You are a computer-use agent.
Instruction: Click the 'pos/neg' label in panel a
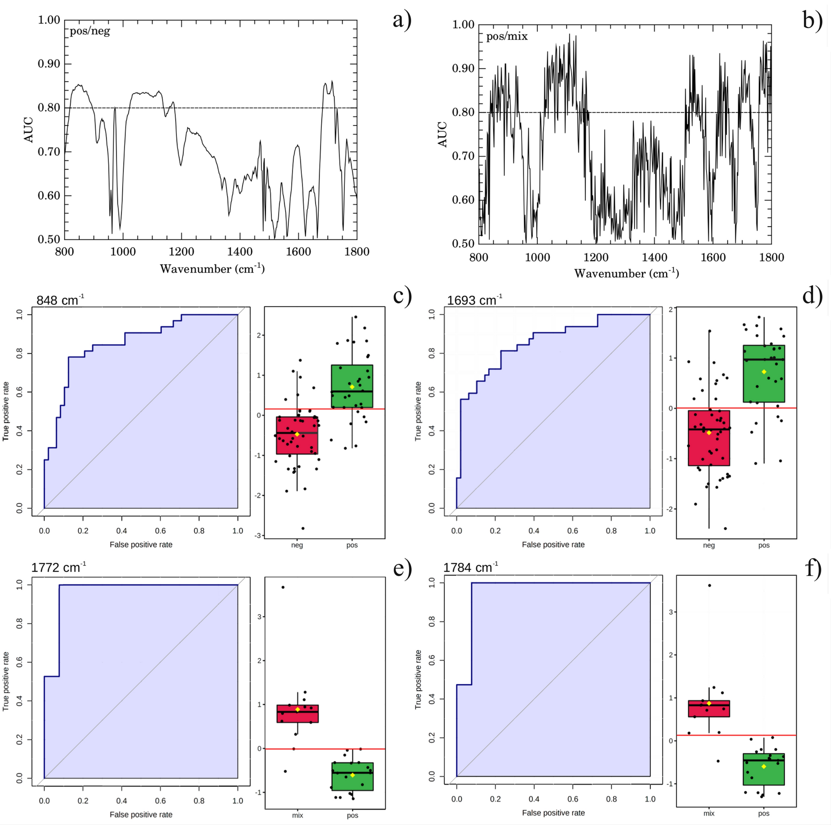pyautogui.click(x=90, y=31)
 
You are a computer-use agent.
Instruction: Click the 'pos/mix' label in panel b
pyautogui.click(x=507, y=36)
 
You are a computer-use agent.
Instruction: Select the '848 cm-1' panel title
pyautogui.click(x=60, y=300)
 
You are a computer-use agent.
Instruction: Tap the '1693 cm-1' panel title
pyautogui.click(x=475, y=300)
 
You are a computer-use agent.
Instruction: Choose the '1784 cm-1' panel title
pyautogui.click(x=470, y=568)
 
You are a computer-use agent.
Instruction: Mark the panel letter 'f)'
pyautogui.click(x=813, y=569)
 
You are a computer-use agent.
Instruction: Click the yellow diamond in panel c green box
pyautogui.click(x=352, y=387)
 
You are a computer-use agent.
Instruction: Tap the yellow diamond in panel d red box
pyautogui.click(x=709, y=432)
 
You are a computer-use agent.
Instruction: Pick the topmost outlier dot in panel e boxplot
pyautogui.click(x=283, y=587)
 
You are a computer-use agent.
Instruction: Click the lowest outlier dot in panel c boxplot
pyautogui.click(x=303, y=528)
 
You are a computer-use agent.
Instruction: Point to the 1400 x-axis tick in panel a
pyautogui.click(x=240, y=252)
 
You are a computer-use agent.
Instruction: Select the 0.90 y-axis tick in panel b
pyautogui.click(x=463, y=69)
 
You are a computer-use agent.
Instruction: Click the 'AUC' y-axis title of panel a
pyautogui.click(x=29, y=130)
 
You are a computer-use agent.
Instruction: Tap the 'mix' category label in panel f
pyautogui.click(x=709, y=813)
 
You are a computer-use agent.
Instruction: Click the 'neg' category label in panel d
pyautogui.click(x=709, y=545)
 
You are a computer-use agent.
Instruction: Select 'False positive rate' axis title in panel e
pyautogui.click(x=141, y=814)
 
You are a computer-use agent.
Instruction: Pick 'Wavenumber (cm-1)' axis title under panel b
pyautogui.click(x=626, y=274)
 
